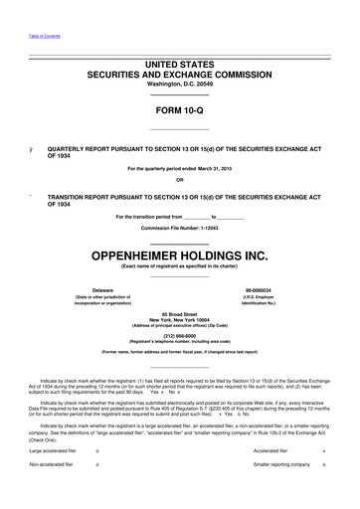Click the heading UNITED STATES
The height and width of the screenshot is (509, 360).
point(179,64)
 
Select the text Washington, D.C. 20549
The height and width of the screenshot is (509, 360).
point(179,85)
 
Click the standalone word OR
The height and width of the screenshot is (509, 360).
point(179,180)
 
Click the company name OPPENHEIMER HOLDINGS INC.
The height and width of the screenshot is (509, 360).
point(179,254)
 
